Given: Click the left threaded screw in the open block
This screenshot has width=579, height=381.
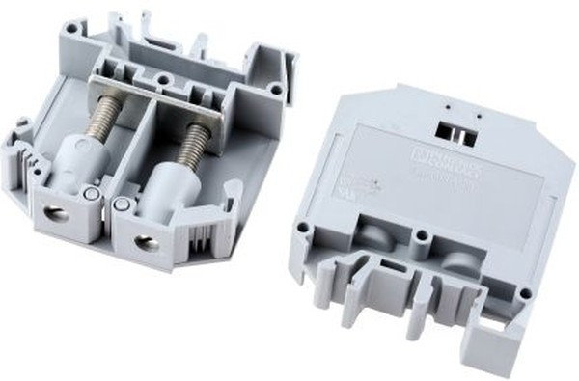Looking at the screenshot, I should [99, 114].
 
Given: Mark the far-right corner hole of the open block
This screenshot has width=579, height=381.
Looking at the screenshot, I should [276, 90].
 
